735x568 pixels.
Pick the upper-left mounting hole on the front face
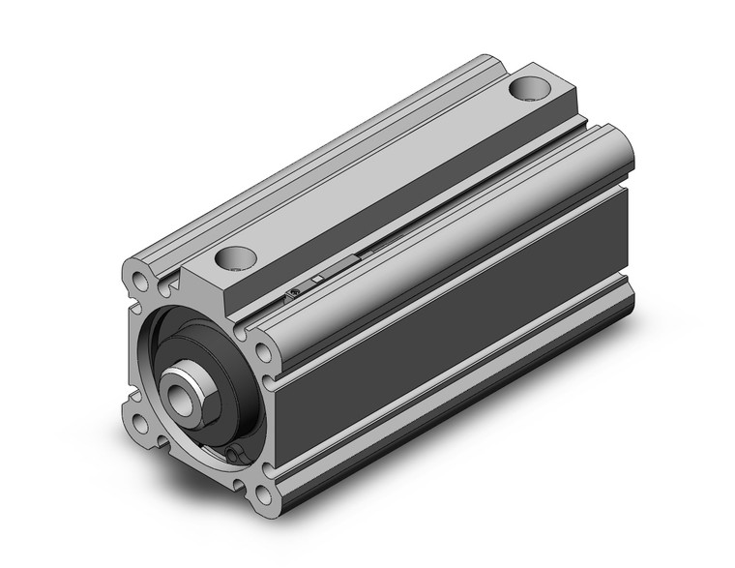click(144, 283)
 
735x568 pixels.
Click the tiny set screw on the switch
click(293, 295)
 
